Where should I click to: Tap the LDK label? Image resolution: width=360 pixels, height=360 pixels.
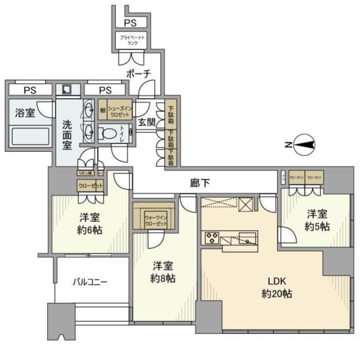[x=277, y=281]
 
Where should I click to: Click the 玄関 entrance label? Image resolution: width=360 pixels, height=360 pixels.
[x=147, y=122]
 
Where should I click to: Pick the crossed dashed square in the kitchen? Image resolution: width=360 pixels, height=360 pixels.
[x=245, y=202]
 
